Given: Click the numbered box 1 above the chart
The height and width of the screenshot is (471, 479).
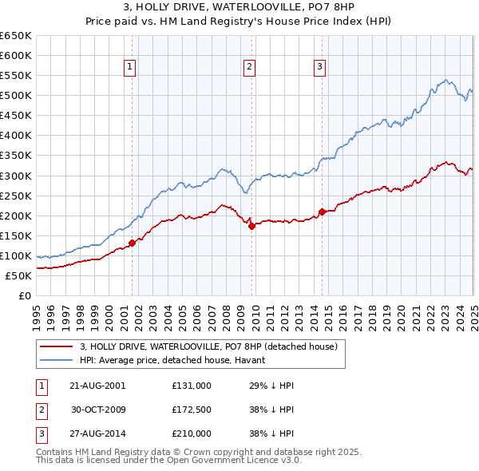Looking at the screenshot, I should [x=129, y=68].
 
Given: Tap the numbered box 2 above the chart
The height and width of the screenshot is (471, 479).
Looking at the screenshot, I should [x=250, y=68].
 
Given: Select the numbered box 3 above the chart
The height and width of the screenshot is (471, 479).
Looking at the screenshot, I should [x=319, y=68].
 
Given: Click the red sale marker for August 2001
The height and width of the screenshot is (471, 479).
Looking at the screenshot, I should [x=133, y=243].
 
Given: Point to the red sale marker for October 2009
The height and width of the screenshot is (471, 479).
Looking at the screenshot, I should [x=251, y=226].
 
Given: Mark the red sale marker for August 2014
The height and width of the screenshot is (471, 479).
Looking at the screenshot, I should [x=322, y=212].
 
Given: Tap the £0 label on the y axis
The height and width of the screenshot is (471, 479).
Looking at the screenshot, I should [x=25, y=295].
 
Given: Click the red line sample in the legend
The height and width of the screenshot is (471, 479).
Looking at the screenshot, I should [x=57, y=346].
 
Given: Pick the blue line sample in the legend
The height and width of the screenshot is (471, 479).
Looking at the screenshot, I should [x=57, y=360].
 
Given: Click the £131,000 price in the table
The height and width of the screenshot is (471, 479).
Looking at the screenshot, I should [x=192, y=386].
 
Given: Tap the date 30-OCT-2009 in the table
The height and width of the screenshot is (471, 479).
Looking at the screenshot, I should [x=98, y=410].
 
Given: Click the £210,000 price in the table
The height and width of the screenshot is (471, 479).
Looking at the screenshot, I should [x=192, y=433].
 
